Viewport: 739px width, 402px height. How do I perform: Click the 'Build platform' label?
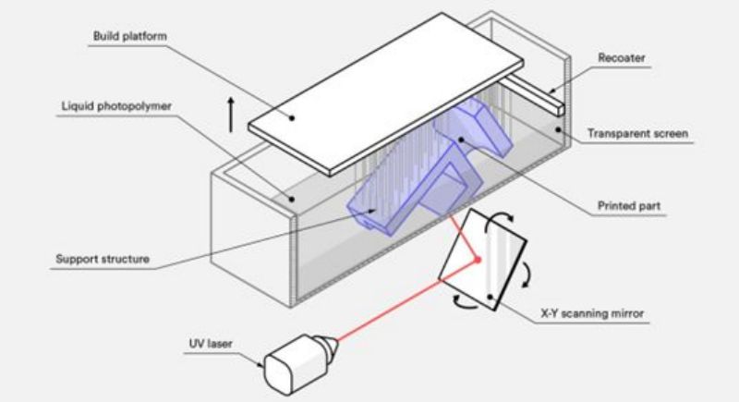(129, 36)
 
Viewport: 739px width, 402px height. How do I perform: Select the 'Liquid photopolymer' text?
(116, 106)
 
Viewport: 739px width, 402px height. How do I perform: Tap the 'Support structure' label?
(103, 259)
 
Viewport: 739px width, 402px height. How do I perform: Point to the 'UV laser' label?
(211, 344)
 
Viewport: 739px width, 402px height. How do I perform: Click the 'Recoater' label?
(621, 58)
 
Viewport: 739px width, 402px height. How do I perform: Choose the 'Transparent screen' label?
(637, 133)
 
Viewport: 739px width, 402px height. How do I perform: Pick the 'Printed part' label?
(629, 206)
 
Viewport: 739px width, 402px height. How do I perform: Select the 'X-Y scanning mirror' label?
(592, 313)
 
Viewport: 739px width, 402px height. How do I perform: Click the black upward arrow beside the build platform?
(230, 115)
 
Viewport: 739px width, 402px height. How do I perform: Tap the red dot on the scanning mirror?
(478, 260)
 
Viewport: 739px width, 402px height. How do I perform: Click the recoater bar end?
(559, 110)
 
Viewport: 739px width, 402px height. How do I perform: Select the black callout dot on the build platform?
(292, 117)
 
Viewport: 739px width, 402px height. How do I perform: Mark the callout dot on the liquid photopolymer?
(291, 200)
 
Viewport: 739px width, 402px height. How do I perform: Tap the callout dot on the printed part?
(460, 140)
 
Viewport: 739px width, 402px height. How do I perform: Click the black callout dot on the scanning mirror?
(491, 297)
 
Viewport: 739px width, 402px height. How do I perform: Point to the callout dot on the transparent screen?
(558, 129)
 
